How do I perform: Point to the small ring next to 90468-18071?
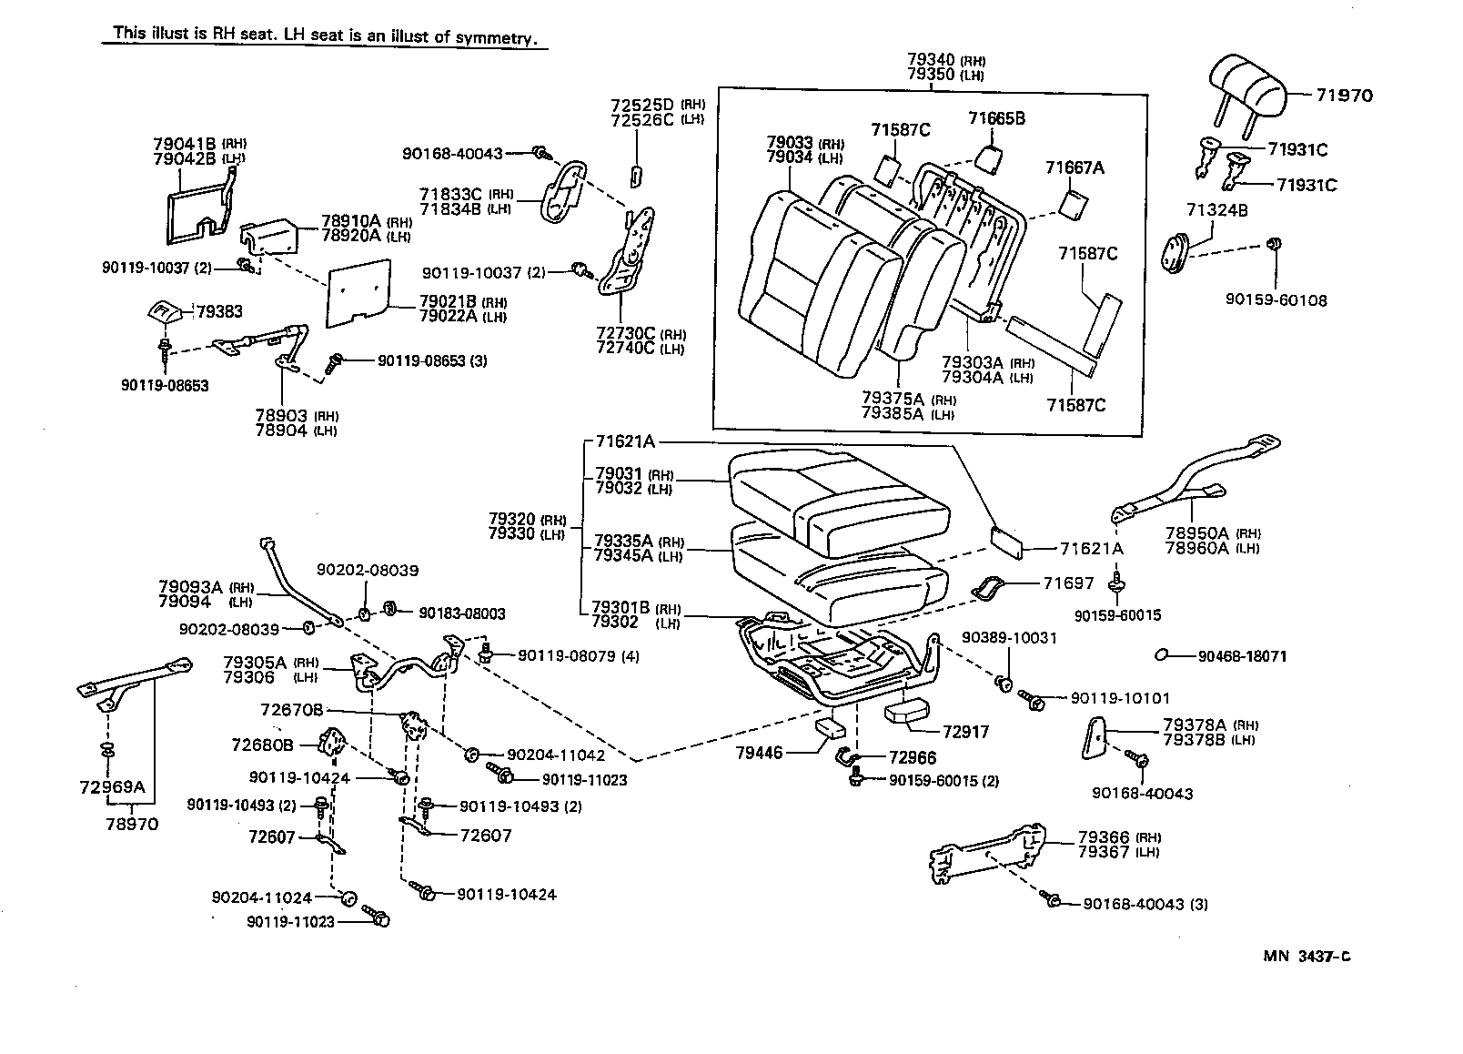coord(1161,654)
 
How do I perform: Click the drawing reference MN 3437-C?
coord(1307,956)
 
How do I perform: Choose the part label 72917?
coord(965,732)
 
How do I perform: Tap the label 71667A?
coord(1075,167)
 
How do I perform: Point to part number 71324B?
coord(1216,210)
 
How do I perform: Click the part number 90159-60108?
coord(1275,300)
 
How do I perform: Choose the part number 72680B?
coord(262,745)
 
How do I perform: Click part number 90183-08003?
coord(461,613)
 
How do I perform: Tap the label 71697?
coord(1068,583)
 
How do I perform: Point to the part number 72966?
coord(913,757)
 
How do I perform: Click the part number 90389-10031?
coord(1010,638)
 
